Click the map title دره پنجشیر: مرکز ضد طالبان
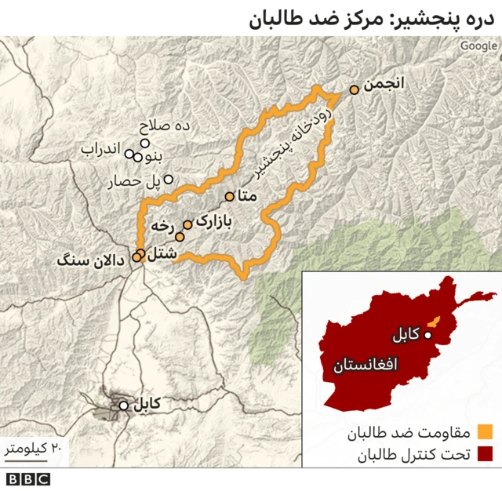(375, 18)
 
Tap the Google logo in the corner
(478, 45)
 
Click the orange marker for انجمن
(355, 90)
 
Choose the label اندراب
(100, 149)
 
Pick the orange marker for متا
(230, 197)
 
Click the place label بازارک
(213, 222)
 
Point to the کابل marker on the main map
(123, 406)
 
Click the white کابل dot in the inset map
(428, 336)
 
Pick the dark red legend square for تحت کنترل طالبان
(486, 454)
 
